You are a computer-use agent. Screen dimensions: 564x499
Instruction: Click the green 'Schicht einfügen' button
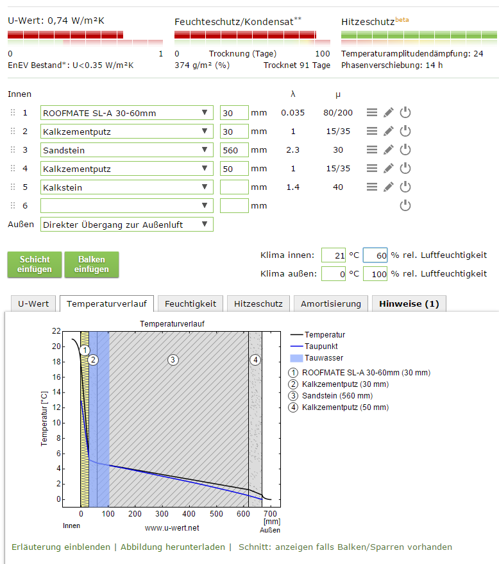[x=35, y=264]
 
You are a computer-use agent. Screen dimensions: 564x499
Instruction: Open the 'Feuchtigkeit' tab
[x=190, y=303]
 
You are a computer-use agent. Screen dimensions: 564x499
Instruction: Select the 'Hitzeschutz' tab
[x=256, y=303]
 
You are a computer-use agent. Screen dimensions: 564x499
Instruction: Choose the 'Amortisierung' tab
[x=330, y=303]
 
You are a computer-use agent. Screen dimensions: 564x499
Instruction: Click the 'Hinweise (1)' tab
[x=409, y=303]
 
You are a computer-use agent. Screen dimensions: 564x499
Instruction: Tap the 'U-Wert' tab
[x=34, y=303]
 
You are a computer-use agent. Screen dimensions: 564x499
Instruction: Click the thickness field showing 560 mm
[x=233, y=150]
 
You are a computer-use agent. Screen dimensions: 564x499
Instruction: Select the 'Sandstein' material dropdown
[x=126, y=150]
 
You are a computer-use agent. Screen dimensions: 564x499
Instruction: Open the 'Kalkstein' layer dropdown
[x=126, y=187]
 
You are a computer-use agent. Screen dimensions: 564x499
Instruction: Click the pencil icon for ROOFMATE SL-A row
[x=388, y=113]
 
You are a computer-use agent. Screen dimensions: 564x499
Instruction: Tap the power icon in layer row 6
[x=405, y=206]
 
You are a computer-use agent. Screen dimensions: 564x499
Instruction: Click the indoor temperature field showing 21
[x=333, y=255]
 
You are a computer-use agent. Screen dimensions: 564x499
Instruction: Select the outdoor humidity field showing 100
[x=375, y=274]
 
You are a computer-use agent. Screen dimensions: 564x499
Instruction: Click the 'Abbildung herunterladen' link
[x=173, y=547]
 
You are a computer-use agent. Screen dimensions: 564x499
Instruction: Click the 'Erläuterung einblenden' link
[x=61, y=547]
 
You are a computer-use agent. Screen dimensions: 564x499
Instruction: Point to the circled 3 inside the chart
[x=173, y=359]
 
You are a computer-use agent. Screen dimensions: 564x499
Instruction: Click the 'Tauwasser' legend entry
[x=323, y=358]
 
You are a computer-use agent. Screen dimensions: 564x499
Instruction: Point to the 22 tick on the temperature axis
[x=56, y=331]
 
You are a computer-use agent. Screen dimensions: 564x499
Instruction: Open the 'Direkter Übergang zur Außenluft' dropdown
[x=126, y=225]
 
